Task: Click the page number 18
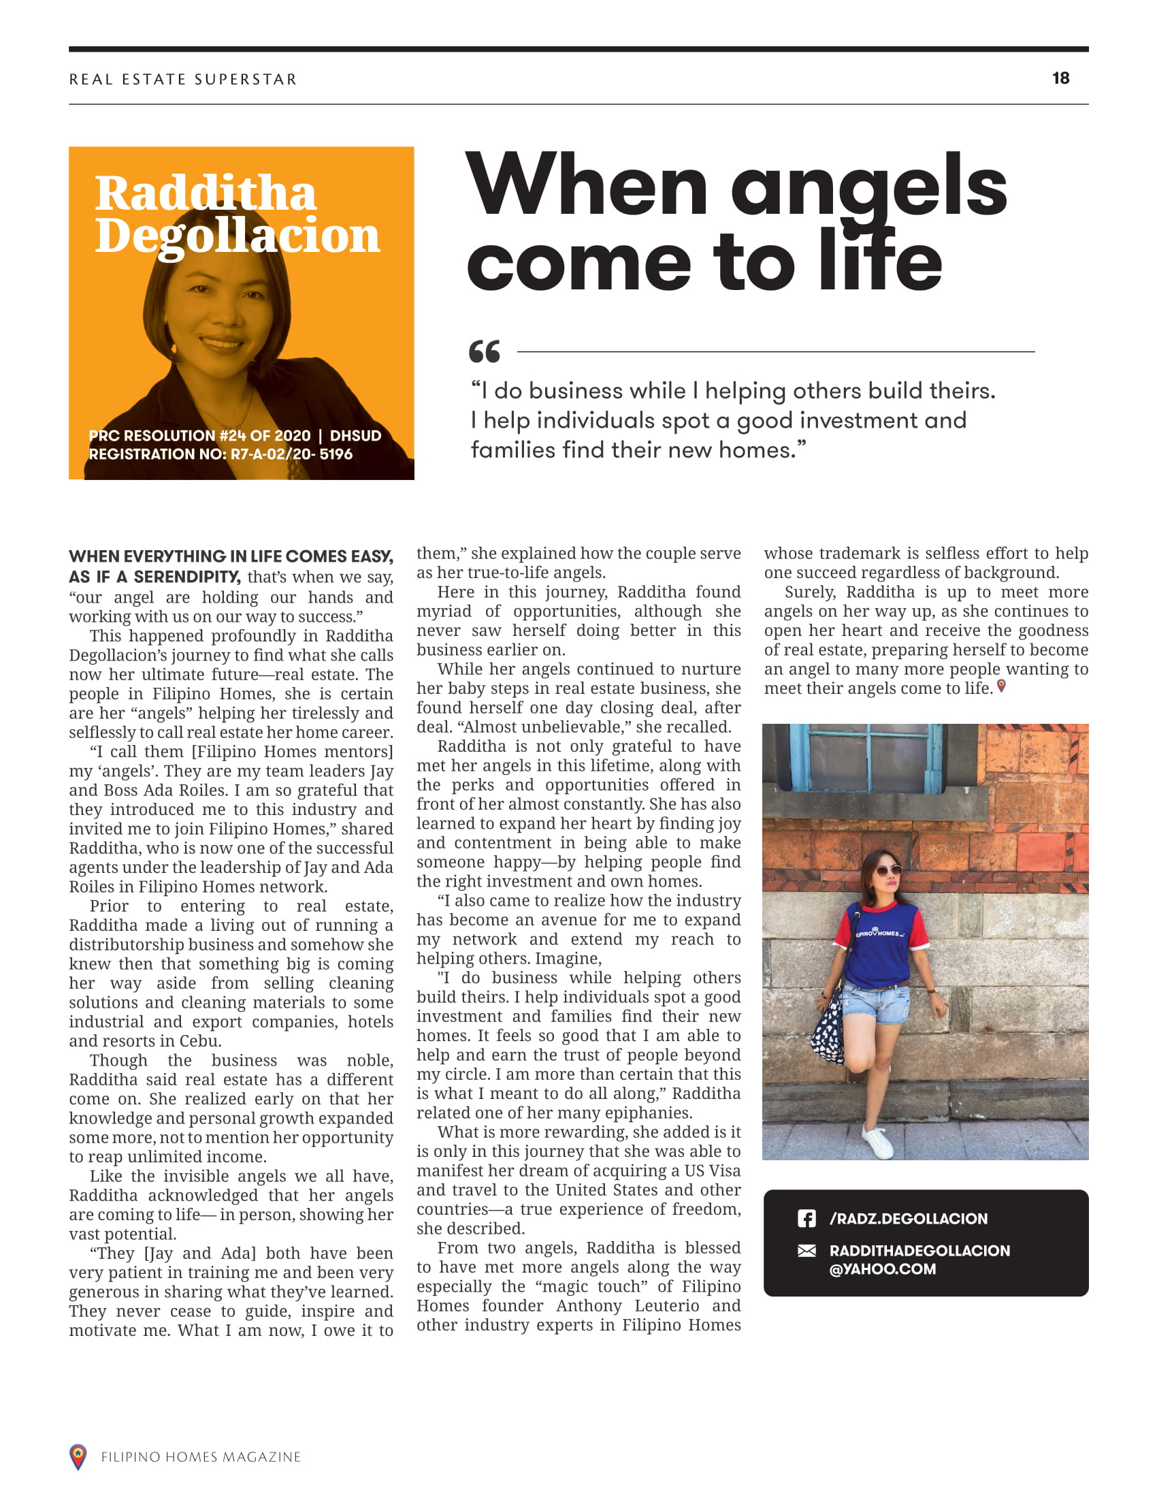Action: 1060,78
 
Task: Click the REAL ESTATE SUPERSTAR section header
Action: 183,80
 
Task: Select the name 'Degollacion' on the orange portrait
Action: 237,236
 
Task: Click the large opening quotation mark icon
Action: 484,351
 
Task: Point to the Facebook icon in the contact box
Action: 806,1218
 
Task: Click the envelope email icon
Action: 806,1250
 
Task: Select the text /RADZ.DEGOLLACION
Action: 908,1219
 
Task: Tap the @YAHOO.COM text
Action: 882,1269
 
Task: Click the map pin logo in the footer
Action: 78,1456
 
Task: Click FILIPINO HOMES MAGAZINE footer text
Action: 201,1457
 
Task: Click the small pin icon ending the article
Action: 1001,686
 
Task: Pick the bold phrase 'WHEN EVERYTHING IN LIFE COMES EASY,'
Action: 231,556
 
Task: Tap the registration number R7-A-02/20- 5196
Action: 291,454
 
